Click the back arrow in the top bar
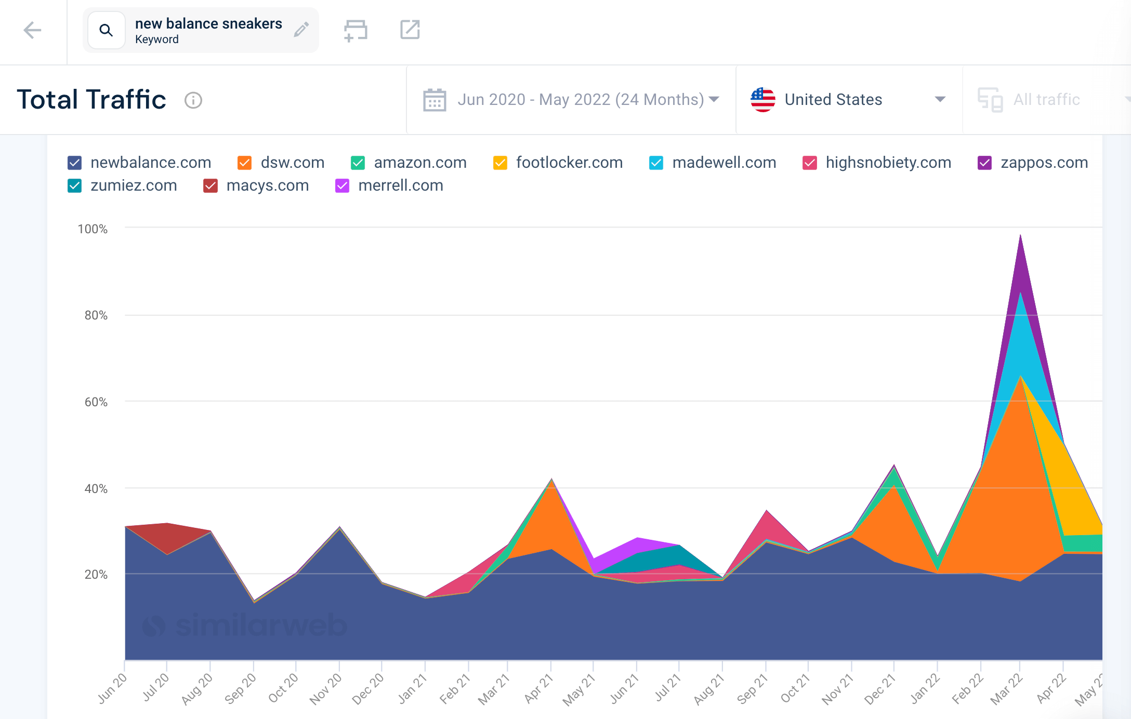(32, 30)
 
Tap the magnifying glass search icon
(106, 31)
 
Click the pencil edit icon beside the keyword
(301, 30)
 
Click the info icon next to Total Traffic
(193, 100)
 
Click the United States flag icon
(762, 99)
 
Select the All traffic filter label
(1046, 99)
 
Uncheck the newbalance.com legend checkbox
(75, 163)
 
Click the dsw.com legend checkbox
(245, 163)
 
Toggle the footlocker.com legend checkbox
(500, 163)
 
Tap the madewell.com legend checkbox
(656, 163)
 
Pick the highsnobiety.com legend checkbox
(809, 163)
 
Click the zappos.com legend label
(1044, 163)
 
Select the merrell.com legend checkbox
(342, 186)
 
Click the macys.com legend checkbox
(210, 186)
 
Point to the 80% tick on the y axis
(96, 315)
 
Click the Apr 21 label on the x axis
(538, 688)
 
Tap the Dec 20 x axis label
(368, 688)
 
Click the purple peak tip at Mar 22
(1020, 236)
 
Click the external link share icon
(410, 30)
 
